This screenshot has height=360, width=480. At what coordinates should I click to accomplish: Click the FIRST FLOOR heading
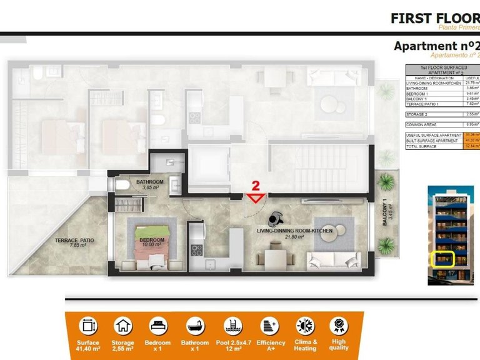pyautogui.click(x=434, y=17)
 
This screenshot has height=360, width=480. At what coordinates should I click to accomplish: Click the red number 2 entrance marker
pyautogui.click(x=255, y=186)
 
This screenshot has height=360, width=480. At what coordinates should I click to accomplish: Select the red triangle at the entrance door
pyautogui.click(x=255, y=199)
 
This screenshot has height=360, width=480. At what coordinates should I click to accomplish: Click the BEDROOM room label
pyautogui.click(x=152, y=240)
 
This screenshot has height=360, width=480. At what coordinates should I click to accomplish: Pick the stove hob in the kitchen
pyautogui.click(x=197, y=251)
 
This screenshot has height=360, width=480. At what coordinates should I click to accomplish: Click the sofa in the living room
pyautogui.click(x=332, y=259)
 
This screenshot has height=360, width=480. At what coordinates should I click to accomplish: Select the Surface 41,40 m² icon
pyautogui.click(x=88, y=326)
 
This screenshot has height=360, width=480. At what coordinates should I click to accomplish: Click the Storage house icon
pyautogui.click(x=123, y=326)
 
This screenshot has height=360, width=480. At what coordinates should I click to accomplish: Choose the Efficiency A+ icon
pyautogui.click(x=270, y=326)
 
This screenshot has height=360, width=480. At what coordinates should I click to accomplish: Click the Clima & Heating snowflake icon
pyautogui.click(x=306, y=326)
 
